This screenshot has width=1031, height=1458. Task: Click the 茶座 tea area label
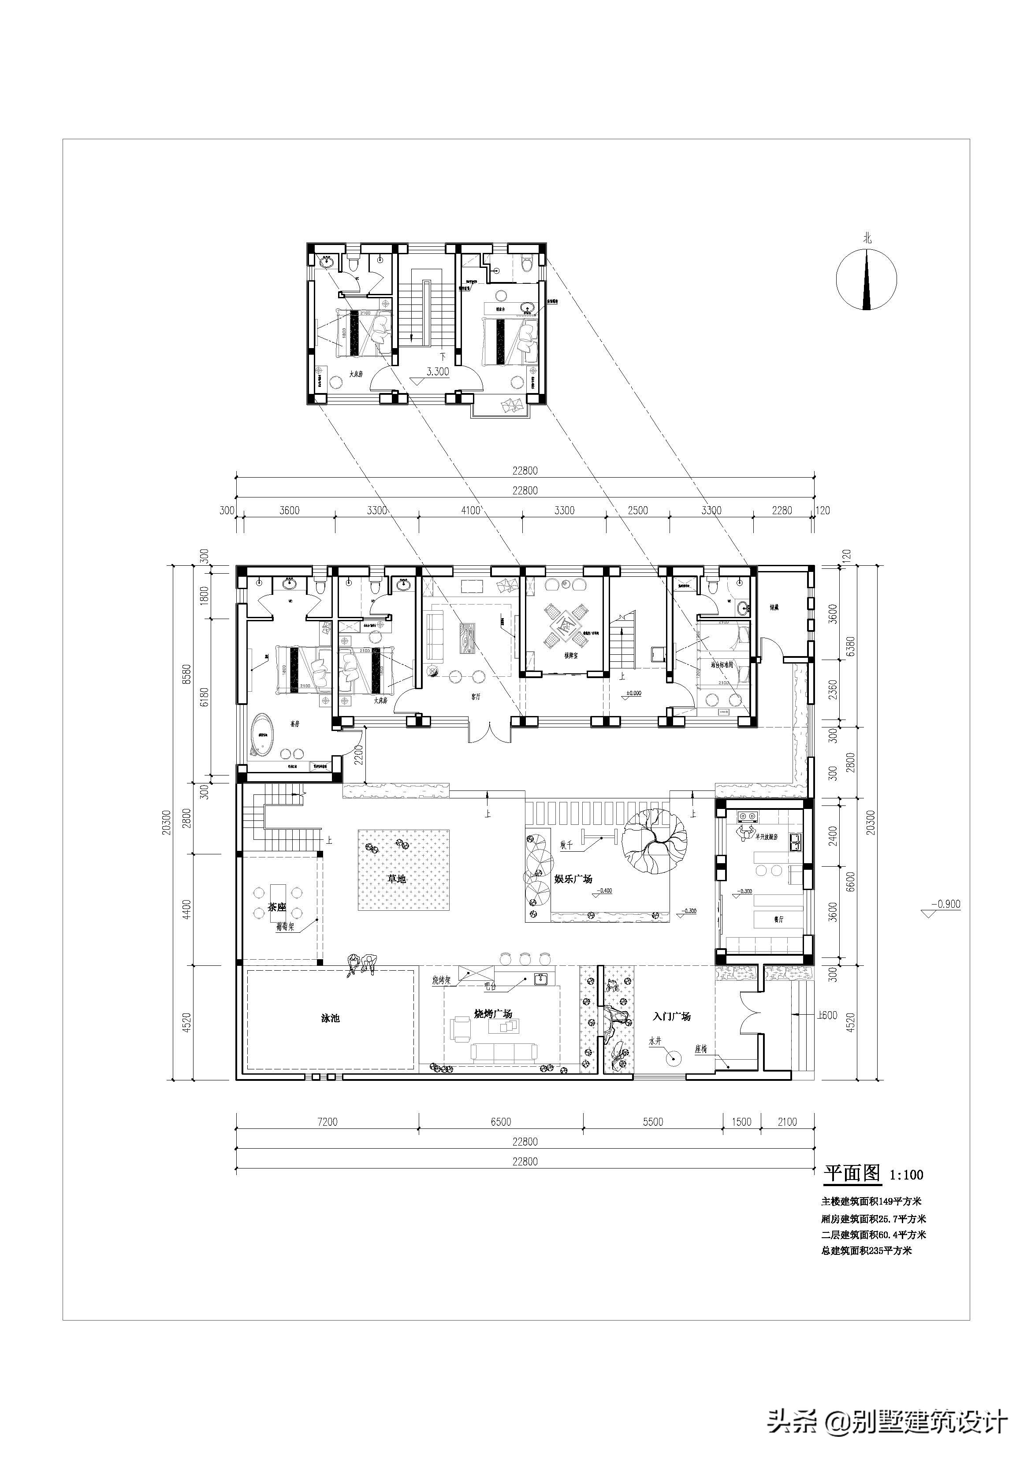[277, 907]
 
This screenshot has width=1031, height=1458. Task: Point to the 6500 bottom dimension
[501, 1122]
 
